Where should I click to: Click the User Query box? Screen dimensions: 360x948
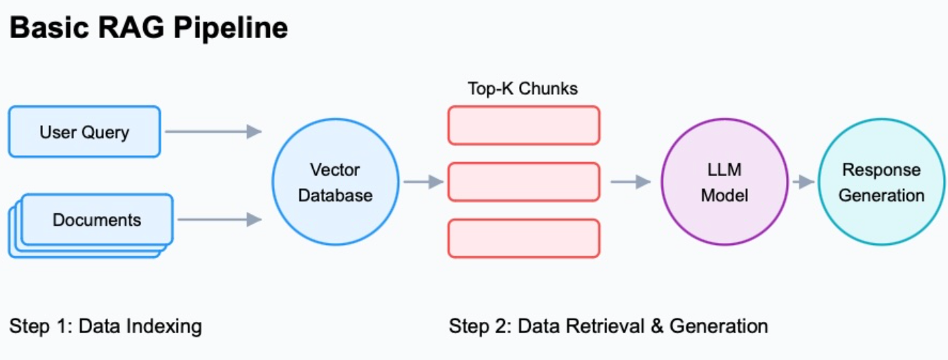point(84,132)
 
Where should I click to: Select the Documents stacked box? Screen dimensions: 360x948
point(96,220)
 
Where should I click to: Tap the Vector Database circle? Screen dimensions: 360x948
point(336,182)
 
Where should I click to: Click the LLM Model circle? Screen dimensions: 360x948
point(724,182)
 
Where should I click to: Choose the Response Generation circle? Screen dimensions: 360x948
point(881,182)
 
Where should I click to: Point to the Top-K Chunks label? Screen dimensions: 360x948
point(522,89)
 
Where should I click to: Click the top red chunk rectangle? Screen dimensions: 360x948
point(524,125)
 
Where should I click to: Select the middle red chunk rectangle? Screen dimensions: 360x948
point(524,182)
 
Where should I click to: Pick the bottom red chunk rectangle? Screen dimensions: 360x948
point(524,238)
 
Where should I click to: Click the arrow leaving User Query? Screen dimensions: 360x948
point(212,132)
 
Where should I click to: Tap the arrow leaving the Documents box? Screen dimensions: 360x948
point(219,220)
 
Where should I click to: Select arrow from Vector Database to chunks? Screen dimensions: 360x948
point(423,182)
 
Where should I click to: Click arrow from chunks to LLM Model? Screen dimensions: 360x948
point(630,182)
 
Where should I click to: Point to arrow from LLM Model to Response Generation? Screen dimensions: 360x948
point(803,182)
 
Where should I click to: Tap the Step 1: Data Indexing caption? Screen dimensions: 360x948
point(105,326)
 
